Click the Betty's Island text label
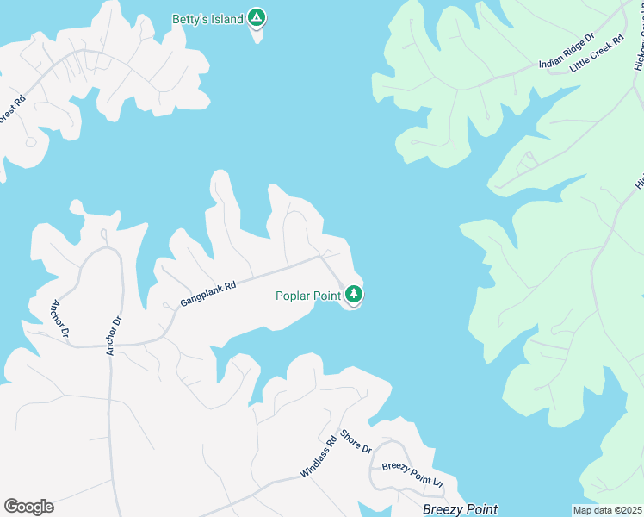tap(209, 19)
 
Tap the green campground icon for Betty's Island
tap(256, 17)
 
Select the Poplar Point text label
tap(308, 296)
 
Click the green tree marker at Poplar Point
tap(353, 295)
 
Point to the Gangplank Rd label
tap(207, 290)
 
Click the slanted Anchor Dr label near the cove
tap(59, 317)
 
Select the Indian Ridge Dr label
tap(567, 51)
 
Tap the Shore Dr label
tap(355, 442)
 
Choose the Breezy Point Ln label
tap(412, 473)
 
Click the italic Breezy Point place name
tap(460, 509)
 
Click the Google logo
tap(28, 506)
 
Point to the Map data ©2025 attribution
tap(607, 510)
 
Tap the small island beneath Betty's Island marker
tap(257, 35)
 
